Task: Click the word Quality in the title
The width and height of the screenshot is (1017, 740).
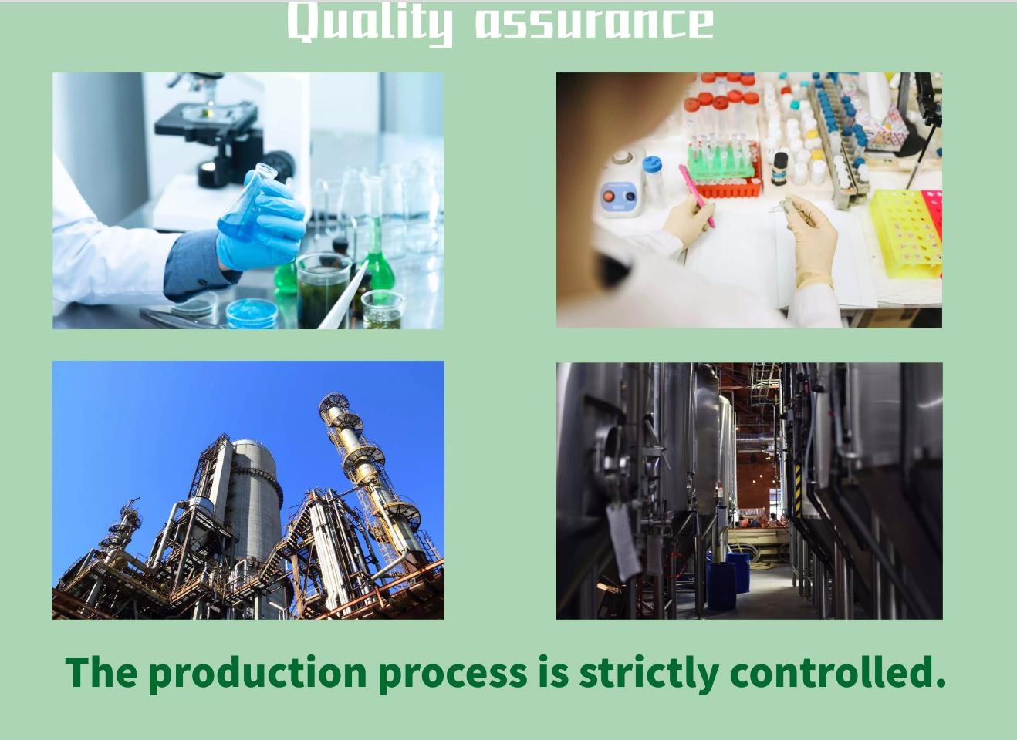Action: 370,24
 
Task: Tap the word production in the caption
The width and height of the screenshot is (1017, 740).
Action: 258,675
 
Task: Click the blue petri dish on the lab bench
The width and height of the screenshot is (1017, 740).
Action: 252,313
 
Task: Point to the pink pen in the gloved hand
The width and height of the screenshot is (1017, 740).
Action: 697,196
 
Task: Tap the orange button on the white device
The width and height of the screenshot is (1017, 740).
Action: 608,197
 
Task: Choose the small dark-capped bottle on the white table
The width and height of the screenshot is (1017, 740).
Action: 780,168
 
